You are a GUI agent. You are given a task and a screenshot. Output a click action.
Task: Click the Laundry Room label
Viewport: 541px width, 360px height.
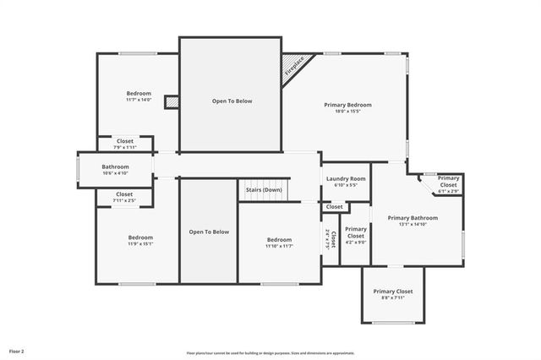pos(347,179)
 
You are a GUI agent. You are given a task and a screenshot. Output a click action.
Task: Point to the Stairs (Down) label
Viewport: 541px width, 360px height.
pos(264,190)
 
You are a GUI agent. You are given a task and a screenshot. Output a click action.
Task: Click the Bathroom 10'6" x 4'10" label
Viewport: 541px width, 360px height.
pos(115,167)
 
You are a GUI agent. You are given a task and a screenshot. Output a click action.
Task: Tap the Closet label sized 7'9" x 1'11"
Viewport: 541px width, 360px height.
pos(125,141)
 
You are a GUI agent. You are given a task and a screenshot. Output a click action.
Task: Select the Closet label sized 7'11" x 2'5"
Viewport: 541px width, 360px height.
pos(125,194)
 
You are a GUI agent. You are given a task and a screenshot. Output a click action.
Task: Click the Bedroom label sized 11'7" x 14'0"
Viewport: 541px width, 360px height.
pos(139,93)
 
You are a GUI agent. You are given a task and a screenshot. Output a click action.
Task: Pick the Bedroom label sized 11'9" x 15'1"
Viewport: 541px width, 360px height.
pos(140,237)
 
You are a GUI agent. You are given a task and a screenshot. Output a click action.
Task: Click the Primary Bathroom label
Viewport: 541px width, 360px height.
pos(413,218)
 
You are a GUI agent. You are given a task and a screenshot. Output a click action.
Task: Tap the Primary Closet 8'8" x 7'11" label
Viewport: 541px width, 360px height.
pos(393,292)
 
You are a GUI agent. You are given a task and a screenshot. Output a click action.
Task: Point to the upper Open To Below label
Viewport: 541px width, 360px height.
pos(232,101)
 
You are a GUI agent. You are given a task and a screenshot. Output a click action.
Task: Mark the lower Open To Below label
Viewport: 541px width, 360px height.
pos(209,232)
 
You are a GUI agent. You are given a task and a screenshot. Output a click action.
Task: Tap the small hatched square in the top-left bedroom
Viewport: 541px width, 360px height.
pos(172,101)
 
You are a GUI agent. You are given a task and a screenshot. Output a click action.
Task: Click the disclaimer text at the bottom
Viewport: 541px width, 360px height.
pos(270,352)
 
